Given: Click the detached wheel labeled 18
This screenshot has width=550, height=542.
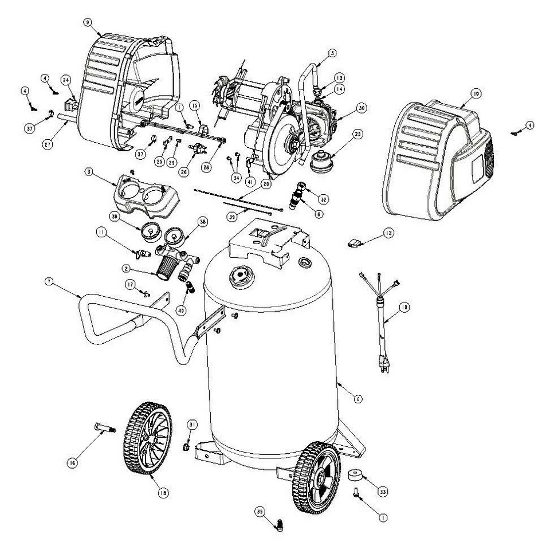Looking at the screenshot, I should click(x=148, y=438).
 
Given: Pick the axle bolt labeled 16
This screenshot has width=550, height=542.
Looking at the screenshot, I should click(x=104, y=428).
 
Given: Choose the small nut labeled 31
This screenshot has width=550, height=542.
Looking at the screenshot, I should click(x=187, y=445).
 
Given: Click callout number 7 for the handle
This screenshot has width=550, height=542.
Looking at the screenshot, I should click(x=48, y=281).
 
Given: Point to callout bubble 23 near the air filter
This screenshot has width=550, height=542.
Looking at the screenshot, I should click(x=357, y=135).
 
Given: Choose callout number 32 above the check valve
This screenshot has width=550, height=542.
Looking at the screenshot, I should click(x=324, y=199).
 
